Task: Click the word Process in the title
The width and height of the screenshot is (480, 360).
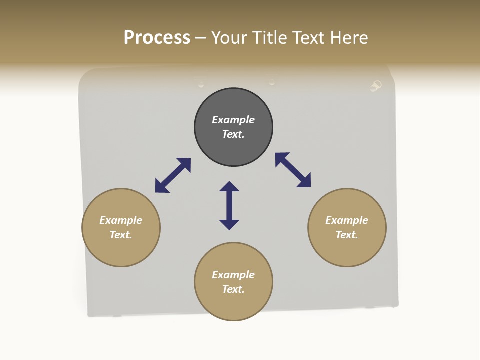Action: [157, 38]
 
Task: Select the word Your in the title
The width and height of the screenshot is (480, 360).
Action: [229, 38]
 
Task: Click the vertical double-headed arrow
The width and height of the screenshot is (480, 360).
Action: [229, 205]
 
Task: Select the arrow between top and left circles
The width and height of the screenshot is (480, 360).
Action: [173, 175]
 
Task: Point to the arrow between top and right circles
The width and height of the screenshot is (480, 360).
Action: [293, 170]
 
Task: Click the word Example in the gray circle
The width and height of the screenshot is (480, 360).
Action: [233, 120]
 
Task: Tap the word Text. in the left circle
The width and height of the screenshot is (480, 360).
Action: [121, 235]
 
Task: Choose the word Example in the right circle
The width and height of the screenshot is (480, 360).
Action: [347, 220]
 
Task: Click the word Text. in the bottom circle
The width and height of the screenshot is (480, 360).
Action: [233, 289]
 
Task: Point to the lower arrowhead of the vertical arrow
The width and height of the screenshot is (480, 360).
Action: [229, 224]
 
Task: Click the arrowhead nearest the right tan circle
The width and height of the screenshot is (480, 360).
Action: [304, 181]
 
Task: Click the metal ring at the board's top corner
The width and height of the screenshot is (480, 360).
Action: [376, 86]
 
